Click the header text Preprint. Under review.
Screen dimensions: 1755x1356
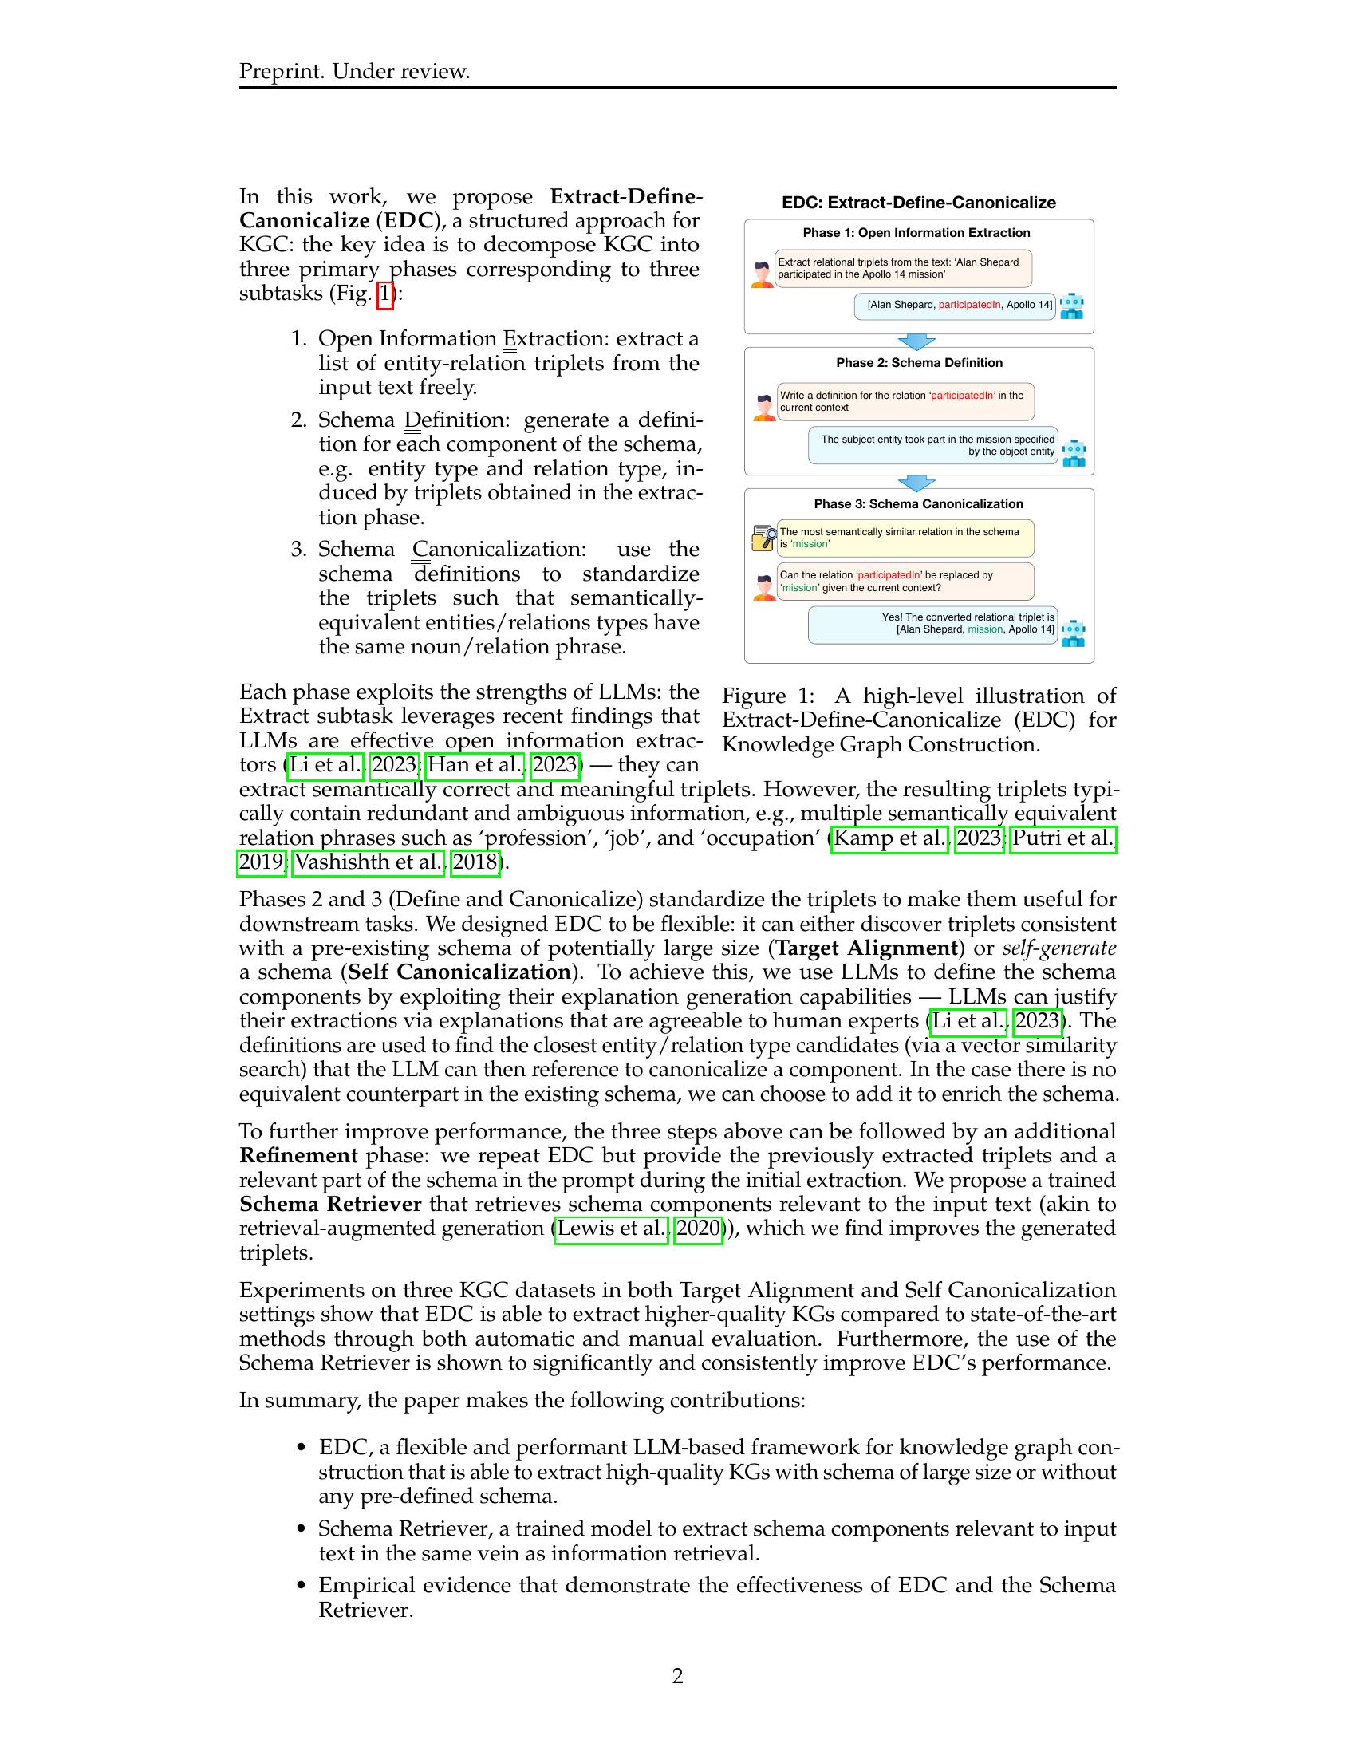(354, 72)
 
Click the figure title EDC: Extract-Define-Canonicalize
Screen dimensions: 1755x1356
(918, 203)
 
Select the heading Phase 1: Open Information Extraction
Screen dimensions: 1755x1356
(916, 233)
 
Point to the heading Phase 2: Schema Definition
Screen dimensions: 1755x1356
(919, 362)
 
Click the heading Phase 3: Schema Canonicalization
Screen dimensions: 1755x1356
(918, 504)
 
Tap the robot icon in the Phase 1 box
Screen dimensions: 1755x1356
(1071, 306)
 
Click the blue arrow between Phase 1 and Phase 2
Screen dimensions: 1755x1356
(916, 341)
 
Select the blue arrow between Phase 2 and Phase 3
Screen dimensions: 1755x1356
(916, 482)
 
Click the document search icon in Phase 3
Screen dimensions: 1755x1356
(764, 538)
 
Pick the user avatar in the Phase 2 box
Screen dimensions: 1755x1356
(764, 408)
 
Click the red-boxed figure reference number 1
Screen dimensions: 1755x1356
(385, 294)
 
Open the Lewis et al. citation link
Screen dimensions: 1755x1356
(610, 1228)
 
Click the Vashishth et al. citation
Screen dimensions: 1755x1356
(368, 862)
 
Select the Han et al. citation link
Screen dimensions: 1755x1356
(474, 764)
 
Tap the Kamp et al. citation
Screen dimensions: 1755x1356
(890, 838)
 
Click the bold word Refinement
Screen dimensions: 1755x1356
(298, 1156)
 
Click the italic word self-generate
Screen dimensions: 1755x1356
(1058, 948)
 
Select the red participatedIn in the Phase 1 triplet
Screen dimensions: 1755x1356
(970, 306)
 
